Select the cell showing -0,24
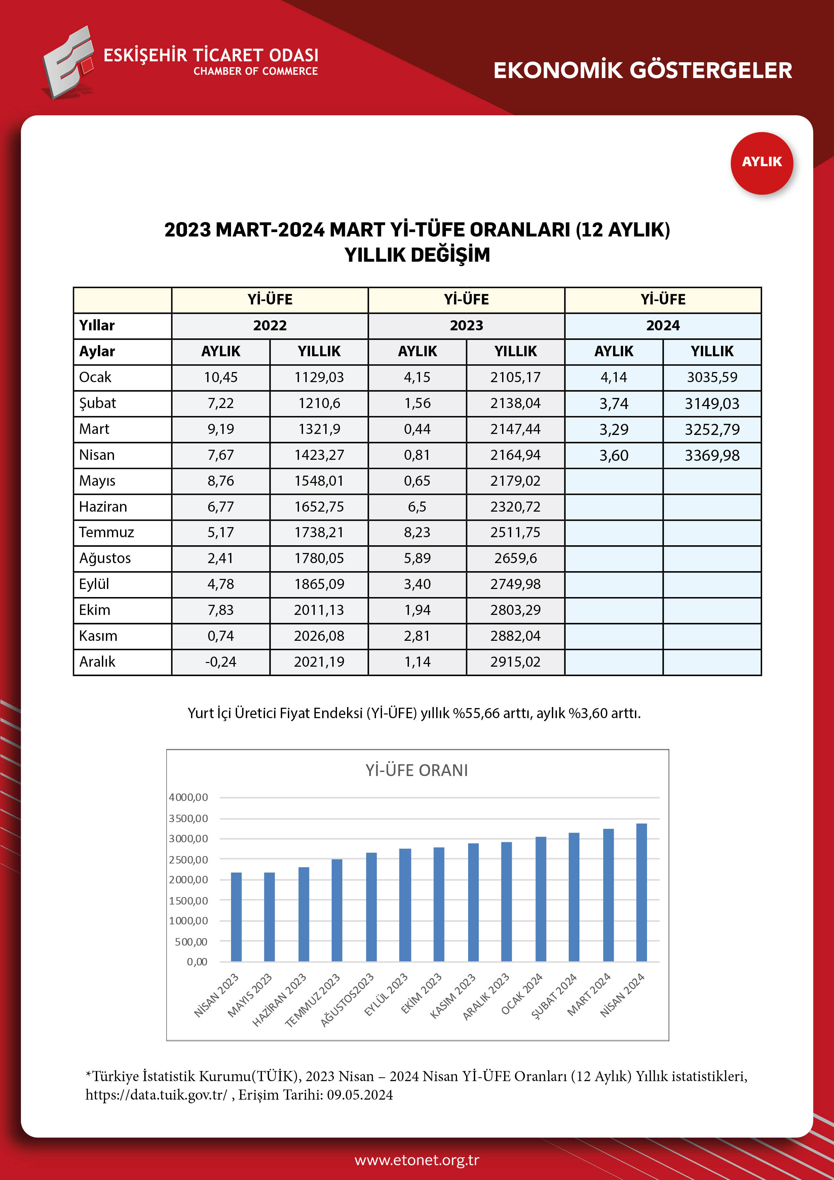coord(221,662)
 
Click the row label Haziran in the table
coord(103,507)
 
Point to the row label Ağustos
coord(105,558)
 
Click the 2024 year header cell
coord(662,325)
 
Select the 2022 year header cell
coord(270,325)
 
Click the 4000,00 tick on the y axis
coord(189,797)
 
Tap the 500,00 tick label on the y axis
coord(191,942)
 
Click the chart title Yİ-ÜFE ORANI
coord(416,770)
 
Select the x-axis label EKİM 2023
coord(421,994)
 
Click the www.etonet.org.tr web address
coord(417,1160)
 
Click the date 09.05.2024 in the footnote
coord(360,1095)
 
